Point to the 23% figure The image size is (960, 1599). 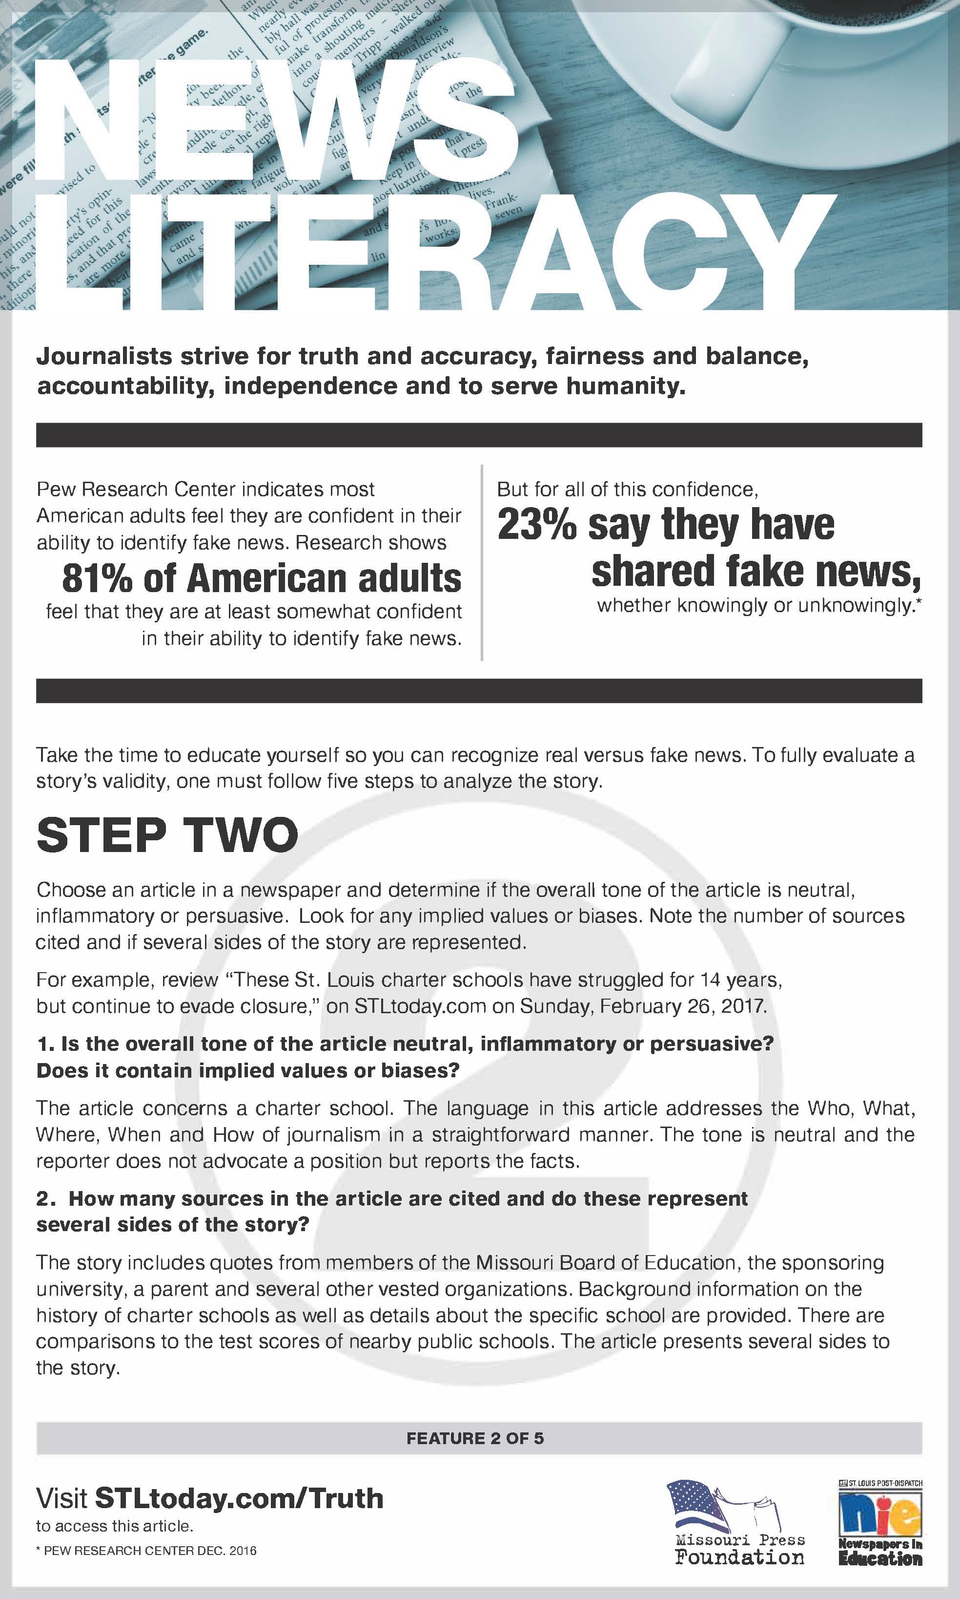536,524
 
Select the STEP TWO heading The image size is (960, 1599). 167,835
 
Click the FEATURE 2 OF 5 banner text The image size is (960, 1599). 475,1438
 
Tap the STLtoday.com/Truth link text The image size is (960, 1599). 239,1498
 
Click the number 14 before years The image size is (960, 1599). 710,980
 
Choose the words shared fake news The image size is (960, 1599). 756,571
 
